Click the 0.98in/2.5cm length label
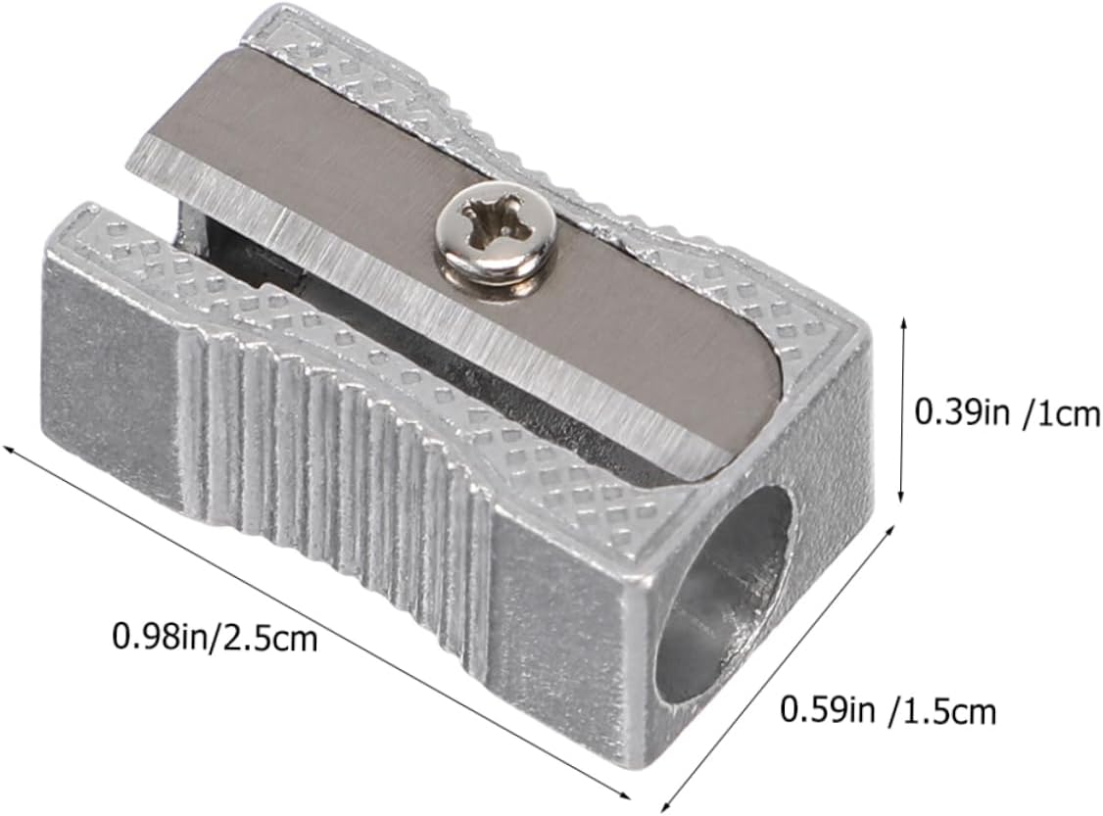(x=215, y=638)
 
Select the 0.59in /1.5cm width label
(x=888, y=709)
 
